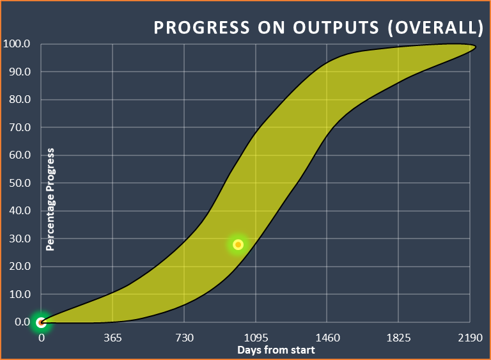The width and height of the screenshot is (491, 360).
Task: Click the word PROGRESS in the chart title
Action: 201,27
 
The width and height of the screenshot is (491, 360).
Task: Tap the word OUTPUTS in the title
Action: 336,27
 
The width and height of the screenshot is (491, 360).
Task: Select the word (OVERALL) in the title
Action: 435,28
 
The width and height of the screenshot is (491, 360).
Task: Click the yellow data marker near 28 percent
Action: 238,245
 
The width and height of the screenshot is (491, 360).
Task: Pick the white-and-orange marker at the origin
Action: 41,322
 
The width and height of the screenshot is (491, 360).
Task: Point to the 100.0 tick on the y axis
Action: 17,44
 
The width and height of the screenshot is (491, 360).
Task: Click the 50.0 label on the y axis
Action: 20,183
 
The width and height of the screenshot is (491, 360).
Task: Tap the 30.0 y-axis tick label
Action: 20,239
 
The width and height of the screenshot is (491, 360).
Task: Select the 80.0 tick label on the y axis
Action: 20,100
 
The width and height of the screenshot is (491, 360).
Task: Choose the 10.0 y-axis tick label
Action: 20,295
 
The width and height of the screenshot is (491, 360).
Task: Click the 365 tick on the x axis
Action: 113,338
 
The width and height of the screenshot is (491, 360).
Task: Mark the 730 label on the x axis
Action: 184,338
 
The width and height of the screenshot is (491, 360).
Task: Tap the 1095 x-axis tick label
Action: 256,338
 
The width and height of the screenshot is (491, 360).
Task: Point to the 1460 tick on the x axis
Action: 327,338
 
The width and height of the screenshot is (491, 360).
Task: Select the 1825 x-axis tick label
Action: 399,338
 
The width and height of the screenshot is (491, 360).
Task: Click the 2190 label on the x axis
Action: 471,338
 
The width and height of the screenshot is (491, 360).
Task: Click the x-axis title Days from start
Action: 276,350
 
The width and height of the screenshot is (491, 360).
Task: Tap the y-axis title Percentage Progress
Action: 50,200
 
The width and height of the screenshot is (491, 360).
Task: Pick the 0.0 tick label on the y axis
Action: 22,322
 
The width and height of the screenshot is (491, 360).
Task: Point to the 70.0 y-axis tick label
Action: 20,127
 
